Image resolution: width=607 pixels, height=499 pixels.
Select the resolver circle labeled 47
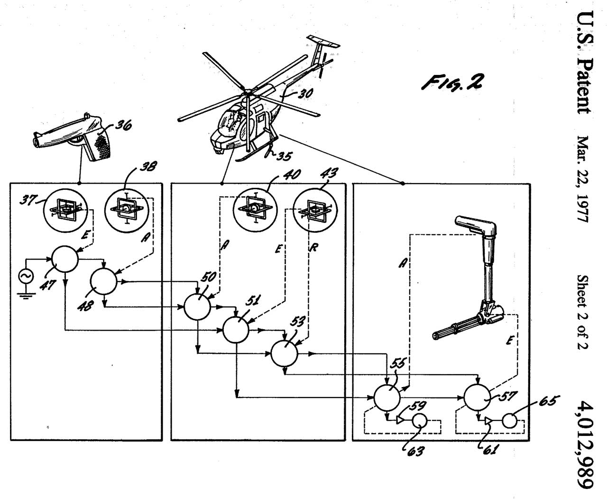click(x=65, y=259)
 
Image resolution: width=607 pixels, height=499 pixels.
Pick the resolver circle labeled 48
click(x=104, y=283)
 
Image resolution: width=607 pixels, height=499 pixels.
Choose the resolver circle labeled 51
click(x=236, y=330)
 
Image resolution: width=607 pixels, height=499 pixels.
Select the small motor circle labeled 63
click(x=419, y=420)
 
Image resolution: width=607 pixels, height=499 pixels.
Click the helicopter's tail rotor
click(x=322, y=67)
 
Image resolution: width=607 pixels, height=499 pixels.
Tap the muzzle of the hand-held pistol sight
click(x=37, y=140)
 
